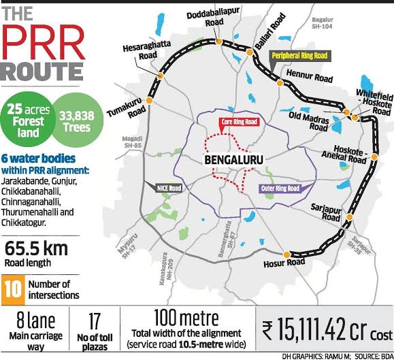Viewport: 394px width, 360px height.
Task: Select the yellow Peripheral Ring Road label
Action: point(299,56)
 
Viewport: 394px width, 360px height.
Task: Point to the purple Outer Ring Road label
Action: point(280,189)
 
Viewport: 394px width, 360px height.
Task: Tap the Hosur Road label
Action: point(284,262)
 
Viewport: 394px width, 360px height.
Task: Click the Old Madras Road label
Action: point(309,120)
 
